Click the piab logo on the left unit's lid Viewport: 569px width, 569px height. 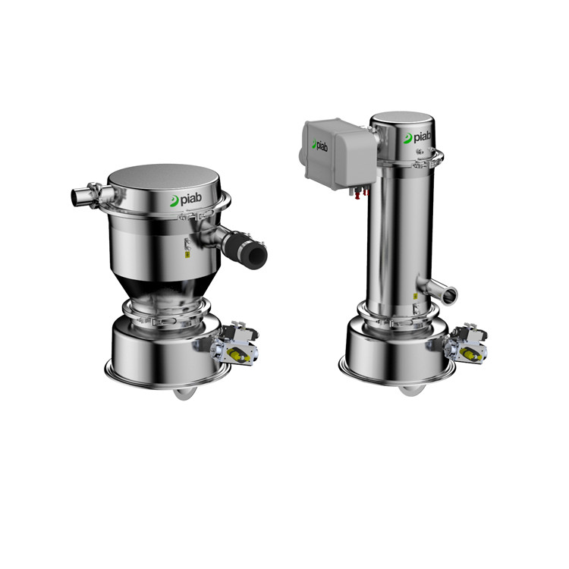tap(186, 200)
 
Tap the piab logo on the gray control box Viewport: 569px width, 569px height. tap(319, 144)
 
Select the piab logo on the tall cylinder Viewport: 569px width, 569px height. tap(417, 137)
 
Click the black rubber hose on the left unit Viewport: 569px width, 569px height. tap(246, 249)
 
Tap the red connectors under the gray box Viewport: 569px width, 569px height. tap(360, 193)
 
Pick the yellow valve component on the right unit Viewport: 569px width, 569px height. tap(470, 354)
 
